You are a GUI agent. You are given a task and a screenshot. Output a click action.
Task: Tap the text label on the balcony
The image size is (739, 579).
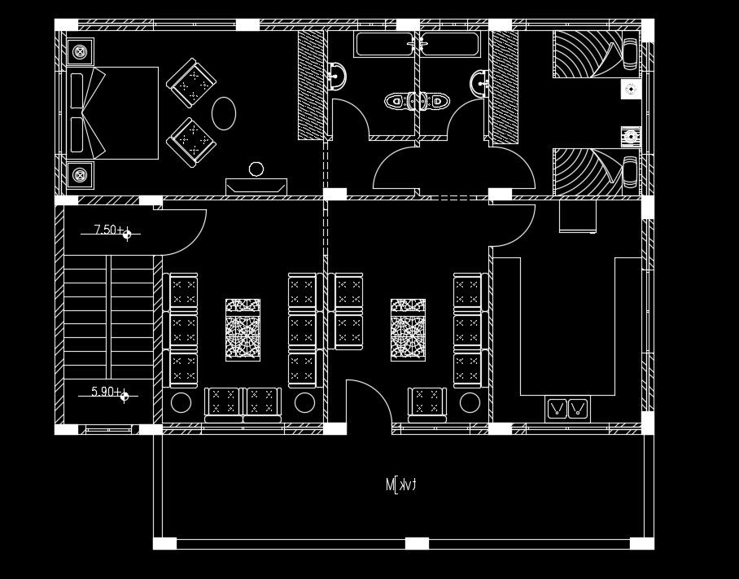point(400,485)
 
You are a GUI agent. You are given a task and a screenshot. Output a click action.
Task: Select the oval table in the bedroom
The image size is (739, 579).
point(224,113)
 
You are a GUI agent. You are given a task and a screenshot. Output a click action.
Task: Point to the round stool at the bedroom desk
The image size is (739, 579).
point(256,169)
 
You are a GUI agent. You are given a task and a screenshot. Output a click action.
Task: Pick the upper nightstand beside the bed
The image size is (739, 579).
point(80,52)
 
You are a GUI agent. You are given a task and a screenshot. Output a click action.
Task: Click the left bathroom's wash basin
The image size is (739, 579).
point(337,77)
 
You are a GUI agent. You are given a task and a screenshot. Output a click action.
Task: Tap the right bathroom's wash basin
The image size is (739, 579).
point(479,81)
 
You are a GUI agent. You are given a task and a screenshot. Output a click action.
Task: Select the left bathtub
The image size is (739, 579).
point(384,44)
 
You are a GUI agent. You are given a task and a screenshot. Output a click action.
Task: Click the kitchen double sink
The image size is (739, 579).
point(567,408)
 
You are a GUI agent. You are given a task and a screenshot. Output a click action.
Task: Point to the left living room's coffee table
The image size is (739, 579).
point(243,330)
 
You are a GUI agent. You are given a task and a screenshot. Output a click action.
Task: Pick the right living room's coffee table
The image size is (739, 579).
point(408,330)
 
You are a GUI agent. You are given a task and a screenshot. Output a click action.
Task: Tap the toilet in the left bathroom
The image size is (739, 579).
point(397,102)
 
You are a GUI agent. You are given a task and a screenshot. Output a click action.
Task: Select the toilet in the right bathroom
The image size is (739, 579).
point(438,102)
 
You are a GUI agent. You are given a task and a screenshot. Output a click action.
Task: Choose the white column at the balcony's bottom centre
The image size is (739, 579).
point(417,543)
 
